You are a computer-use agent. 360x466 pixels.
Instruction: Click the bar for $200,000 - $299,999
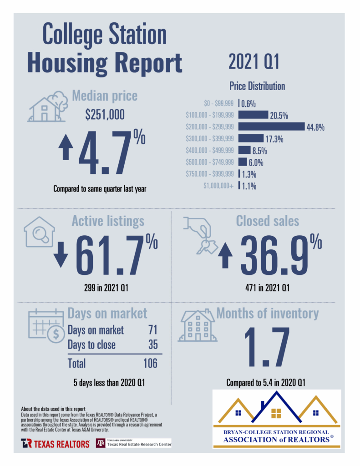coord(271,127)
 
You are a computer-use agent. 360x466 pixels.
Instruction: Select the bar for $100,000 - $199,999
coord(253,115)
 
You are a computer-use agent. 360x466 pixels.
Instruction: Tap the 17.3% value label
coord(274,138)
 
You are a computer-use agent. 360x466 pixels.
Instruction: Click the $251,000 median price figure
coord(104,116)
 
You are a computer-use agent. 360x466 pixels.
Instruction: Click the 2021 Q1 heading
coord(254,62)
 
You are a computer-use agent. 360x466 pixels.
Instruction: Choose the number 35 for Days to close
coord(152,344)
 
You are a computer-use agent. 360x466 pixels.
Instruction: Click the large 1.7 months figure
coord(267,348)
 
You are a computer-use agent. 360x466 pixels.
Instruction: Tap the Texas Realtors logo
coord(55,443)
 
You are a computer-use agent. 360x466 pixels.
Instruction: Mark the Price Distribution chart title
coord(257,86)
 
